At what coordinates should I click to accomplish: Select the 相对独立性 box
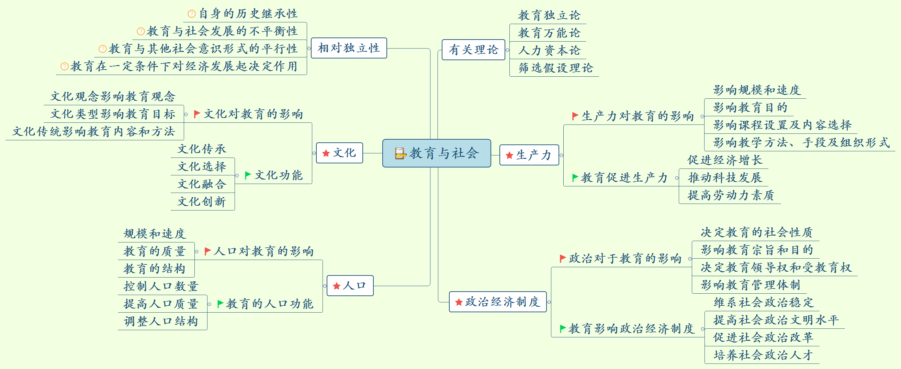click(348, 48)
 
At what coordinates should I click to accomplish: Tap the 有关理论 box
click(473, 50)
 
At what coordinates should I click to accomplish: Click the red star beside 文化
click(326, 153)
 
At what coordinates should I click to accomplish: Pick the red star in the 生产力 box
click(509, 155)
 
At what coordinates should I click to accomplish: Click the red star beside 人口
click(337, 286)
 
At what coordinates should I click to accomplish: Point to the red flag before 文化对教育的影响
click(197, 114)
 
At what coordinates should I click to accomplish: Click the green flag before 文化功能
click(248, 175)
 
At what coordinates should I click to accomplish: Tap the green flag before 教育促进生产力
click(575, 177)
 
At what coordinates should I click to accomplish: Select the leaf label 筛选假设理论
click(555, 68)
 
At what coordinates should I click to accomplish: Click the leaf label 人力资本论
click(549, 51)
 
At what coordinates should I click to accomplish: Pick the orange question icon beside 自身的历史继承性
click(191, 14)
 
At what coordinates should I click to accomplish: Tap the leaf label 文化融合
click(202, 184)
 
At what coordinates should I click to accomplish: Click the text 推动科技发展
click(724, 177)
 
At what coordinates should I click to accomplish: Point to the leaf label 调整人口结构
click(161, 321)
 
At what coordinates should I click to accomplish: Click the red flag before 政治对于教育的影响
click(562, 258)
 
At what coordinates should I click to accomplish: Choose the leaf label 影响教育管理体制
click(750, 285)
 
